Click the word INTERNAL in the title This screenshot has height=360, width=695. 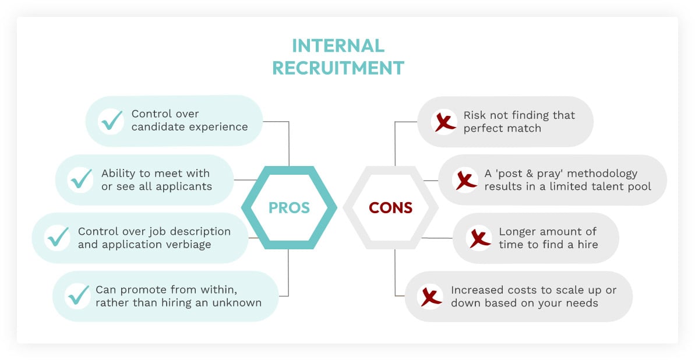coord(338,46)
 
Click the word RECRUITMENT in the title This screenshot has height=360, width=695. coord(338,68)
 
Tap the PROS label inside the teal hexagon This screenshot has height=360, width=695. coord(289,207)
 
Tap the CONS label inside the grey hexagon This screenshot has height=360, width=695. coord(390,207)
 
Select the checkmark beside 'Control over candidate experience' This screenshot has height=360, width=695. coord(111,121)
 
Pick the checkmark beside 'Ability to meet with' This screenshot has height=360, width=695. coord(80,179)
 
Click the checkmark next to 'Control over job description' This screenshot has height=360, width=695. coord(57,238)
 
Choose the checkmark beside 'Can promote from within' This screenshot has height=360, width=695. coord(77,296)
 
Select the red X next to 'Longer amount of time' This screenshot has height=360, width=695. coord(479,238)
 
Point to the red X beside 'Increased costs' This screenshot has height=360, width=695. coord(431,296)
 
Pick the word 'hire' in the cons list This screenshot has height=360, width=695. coord(587,245)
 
